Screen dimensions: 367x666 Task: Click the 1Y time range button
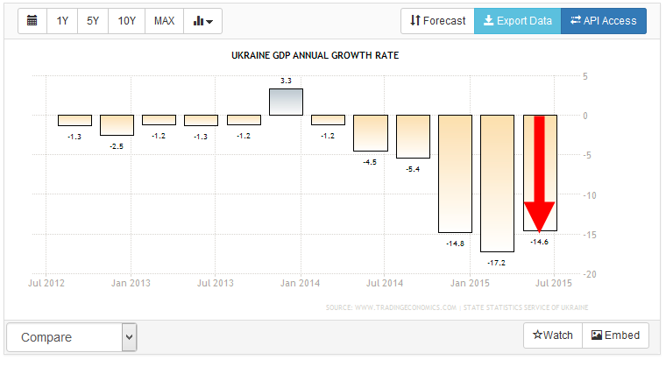[x=62, y=21]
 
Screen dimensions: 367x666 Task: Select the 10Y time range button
[x=127, y=21]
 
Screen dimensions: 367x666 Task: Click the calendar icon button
[x=32, y=21]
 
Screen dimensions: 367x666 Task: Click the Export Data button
[x=517, y=21]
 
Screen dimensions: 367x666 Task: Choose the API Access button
[x=603, y=21]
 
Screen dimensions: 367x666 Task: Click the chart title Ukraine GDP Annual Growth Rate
[x=315, y=56]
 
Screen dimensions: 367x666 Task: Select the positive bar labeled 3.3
[x=286, y=102]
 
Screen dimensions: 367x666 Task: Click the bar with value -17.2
[x=497, y=183]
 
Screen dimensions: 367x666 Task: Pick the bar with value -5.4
[x=413, y=137]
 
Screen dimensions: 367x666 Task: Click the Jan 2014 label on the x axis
[x=297, y=284]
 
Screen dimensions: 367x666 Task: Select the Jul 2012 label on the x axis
[x=46, y=284]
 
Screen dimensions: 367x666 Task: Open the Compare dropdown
[x=71, y=337]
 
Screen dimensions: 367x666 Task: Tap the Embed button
[x=616, y=335]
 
